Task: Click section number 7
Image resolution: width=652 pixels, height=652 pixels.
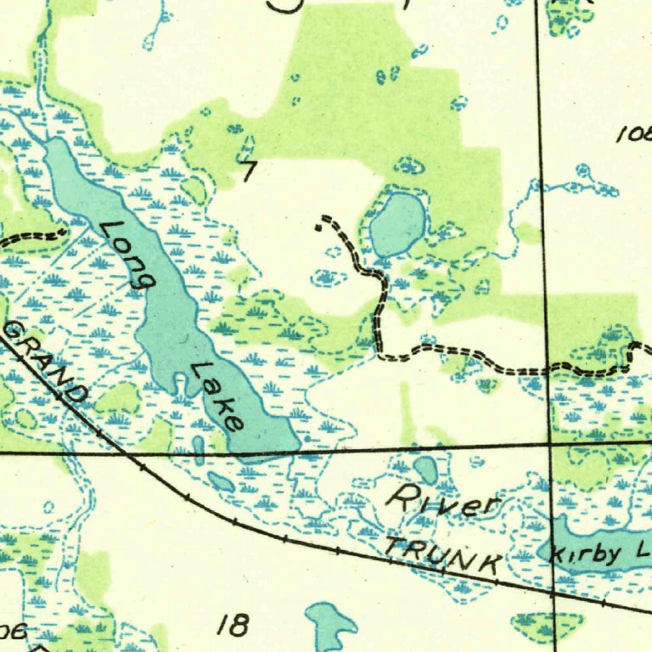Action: pyautogui.click(x=247, y=172)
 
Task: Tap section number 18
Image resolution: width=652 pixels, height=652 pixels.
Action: pyautogui.click(x=233, y=627)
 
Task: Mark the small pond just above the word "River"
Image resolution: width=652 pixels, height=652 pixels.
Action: pyautogui.click(x=425, y=468)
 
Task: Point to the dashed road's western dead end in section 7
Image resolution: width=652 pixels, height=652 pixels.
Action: pyautogui.click(x=319, y=225)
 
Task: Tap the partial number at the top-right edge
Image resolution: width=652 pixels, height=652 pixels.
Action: pyautogui.click(x=634, y=134)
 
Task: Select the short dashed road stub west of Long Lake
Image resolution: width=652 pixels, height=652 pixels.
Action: pyautogui.click(x=34, y=236)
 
